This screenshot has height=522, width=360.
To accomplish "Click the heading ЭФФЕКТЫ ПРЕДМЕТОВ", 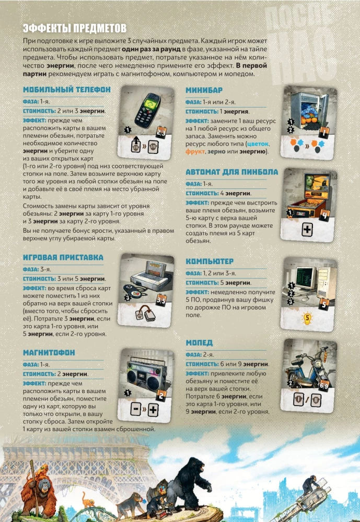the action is (x=75, y=28).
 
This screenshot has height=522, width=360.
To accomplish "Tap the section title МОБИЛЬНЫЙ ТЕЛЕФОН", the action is (x=67, y=90).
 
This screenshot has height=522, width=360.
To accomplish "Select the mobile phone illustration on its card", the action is (x=148, y=111).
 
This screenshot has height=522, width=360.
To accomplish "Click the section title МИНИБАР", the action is (x=204, y=90).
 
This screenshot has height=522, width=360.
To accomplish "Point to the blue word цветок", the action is (x=258, y=144).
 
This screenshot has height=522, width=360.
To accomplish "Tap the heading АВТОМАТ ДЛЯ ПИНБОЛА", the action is (x=231, y=172).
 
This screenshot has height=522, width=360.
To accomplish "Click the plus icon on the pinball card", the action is (x=307, y=229).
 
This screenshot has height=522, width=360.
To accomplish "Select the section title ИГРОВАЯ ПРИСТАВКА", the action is (x=63, y=257).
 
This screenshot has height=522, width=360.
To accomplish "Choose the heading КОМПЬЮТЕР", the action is (x=210, y=262).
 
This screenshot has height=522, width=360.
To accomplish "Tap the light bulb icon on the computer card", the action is (x=307, y=318).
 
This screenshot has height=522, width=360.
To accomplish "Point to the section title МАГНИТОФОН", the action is (x=49, y=352).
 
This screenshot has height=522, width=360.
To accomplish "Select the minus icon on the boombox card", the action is (x=136, y=409).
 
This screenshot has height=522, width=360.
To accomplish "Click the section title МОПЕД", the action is (x=199, y=343).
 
